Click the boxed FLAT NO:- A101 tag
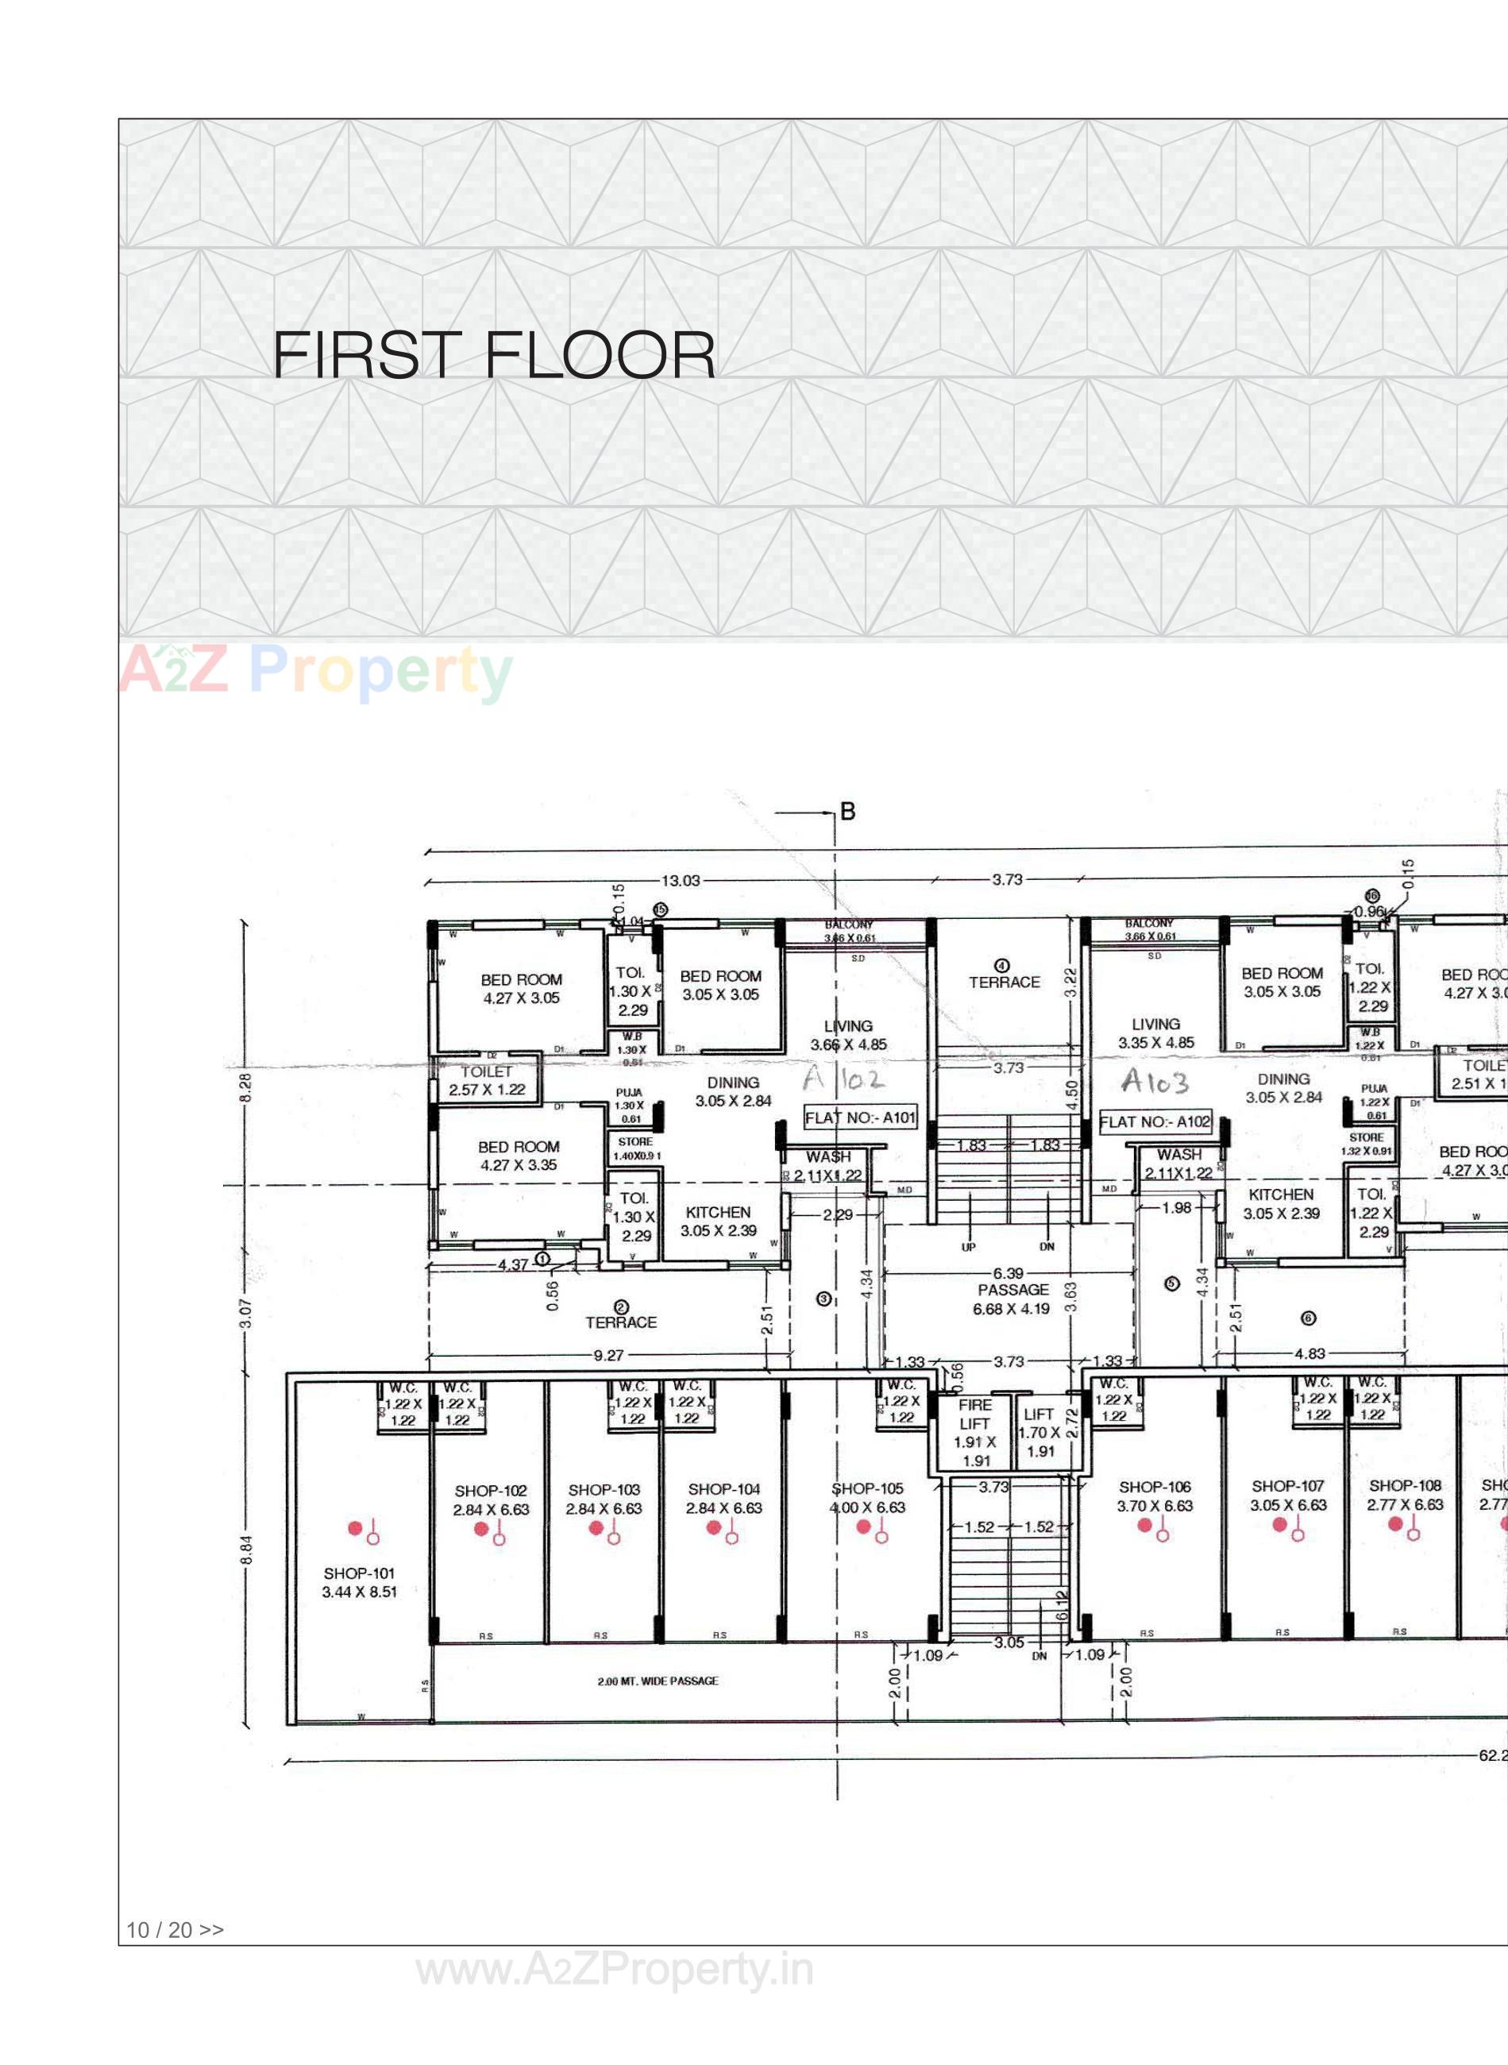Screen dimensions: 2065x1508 tap(860, 1117)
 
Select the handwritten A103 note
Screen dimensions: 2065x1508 tap(1155, 1082)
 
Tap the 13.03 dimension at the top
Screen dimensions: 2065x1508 tap(680, 881)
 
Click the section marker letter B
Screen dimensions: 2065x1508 tap(848, 812)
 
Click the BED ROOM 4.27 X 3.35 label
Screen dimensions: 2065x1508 tap(519, 1156)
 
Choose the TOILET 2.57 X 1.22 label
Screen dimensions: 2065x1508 tap(487, 1081)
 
